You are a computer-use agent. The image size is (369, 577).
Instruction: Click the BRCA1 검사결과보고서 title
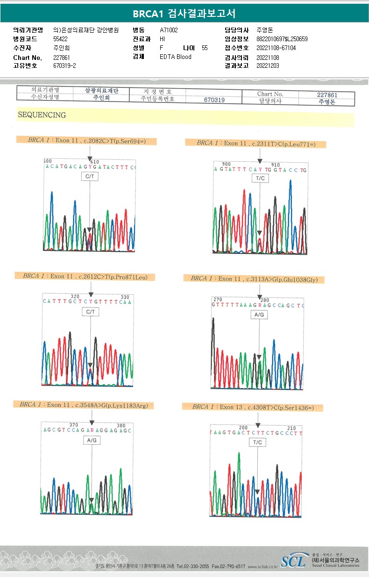pyautogui.click(x=184, y=13)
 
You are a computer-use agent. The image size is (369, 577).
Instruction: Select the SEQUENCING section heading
pyautogui.click(x=42, y=115)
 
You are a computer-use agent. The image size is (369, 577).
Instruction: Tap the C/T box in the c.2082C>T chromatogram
pyautogui.click(x=90, y=176)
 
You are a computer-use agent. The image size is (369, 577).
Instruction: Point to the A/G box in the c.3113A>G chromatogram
pyautogui.click(x=259, y=315)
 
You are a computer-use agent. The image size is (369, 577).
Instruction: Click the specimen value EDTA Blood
pyautogui.click(x=176, y=57)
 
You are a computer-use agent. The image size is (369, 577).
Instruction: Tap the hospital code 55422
pyautogui.click(x=60, y=39)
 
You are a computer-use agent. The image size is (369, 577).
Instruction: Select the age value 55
pyautogui.click(x=205, y=48)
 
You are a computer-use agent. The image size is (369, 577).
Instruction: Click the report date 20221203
pyautogui.click(x=268, y=66)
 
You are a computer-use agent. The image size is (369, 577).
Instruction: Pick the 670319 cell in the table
pyautogui.click(x=214, y=100)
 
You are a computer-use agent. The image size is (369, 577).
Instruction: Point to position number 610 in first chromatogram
pyautogui.click(x=95, y=161)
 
